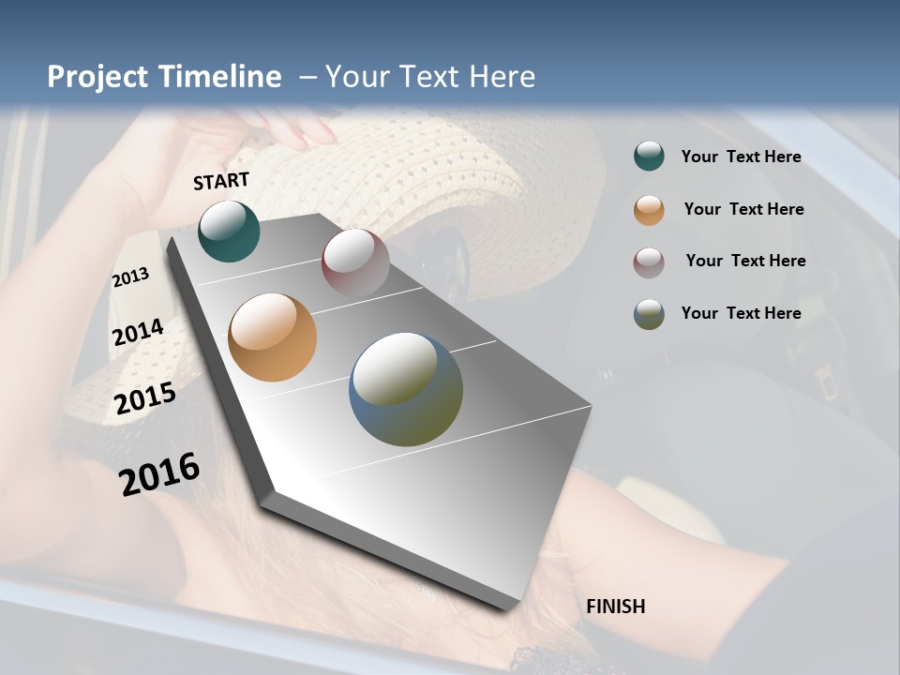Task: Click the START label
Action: (221, 181)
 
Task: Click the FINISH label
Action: (615, 607)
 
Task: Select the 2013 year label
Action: (131, 277)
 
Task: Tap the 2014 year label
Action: (139, 332)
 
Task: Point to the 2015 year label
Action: (145, 398)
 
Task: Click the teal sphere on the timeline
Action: (229, 231)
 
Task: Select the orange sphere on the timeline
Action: (272, 337)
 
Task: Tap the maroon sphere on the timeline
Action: (355, 262)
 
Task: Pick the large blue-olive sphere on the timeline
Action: (406, 389)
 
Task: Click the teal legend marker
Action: (649, 157)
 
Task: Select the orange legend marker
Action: (649, 210)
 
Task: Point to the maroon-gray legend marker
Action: (649, 262)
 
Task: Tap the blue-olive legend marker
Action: (649, 314)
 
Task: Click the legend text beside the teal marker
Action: (741, 157)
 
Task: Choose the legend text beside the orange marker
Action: (743, 209)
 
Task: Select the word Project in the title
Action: (94, 77)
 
